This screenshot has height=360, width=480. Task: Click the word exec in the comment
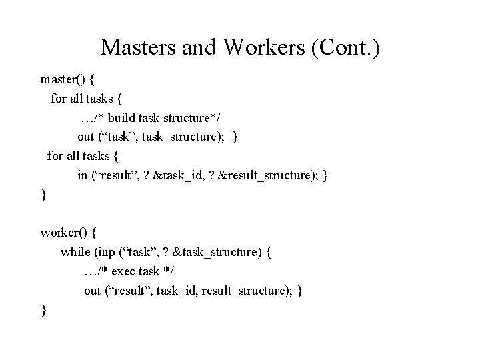tap(125, 272)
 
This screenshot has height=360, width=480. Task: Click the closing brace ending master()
tap(43, 195)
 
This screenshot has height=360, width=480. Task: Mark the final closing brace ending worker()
tap(43, 310)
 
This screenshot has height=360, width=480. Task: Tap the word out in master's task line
tap(85, 137)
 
